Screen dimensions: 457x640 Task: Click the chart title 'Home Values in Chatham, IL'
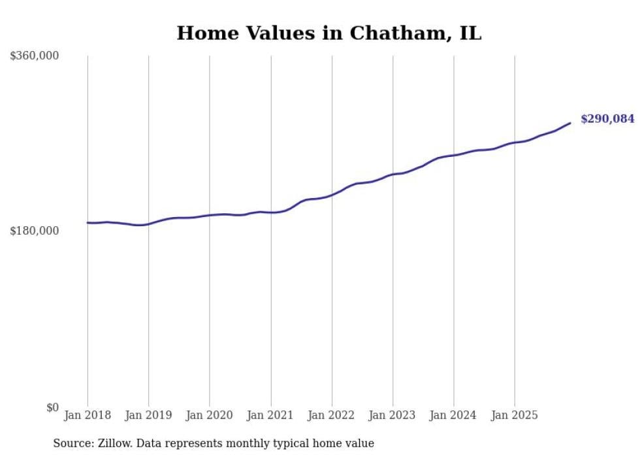(329, 33)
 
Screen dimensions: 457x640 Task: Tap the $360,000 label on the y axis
(35, 56)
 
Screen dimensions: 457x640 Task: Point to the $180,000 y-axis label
(35, 231)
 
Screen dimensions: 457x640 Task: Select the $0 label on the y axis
(52, 407)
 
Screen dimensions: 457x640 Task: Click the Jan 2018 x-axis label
(88, 415)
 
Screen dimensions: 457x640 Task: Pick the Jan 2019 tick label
(148, 415)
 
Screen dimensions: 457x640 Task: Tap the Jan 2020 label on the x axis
(210, 415)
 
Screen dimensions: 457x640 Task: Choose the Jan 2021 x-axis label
(270, 415)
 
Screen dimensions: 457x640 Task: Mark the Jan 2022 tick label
(332, 415)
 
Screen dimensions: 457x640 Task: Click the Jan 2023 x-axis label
(392, 415)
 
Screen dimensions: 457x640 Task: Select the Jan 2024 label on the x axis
(454, 415)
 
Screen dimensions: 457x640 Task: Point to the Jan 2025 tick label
(515, 415)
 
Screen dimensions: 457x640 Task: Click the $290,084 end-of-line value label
(607, 119)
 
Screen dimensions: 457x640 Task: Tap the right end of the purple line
(570, 123)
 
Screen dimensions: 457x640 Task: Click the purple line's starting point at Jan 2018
(88, 223)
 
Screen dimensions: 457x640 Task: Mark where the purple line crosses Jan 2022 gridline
(332, 194)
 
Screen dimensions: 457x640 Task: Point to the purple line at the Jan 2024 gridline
(454, 155)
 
